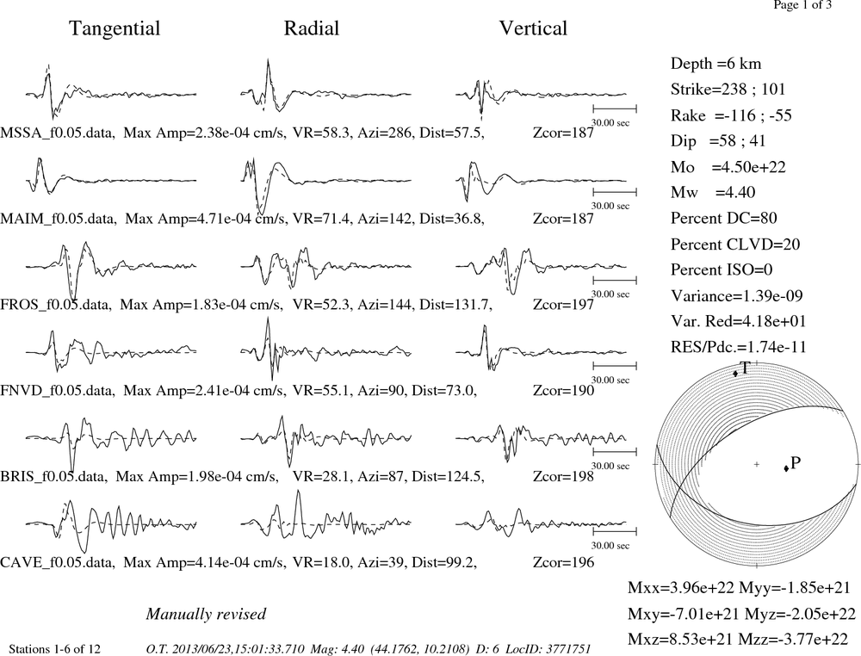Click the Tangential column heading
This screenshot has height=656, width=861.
[x=115, y=29]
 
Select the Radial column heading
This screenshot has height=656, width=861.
[x=312, y=28]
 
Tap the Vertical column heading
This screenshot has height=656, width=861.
[x=533, y=28]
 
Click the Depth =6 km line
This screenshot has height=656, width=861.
[x=716, y=64]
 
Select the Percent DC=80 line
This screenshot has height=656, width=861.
[x=724, y=218]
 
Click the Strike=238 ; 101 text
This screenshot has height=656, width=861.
[x=728, y=90]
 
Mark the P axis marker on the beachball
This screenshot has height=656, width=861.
[x=786, y=467]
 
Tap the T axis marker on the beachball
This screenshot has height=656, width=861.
[x=736, y=374]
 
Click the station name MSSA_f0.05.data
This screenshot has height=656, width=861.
[x=58, y=133]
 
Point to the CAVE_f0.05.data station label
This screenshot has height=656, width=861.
[x=58, y=562]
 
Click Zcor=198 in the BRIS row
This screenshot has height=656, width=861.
[x=563, y=476]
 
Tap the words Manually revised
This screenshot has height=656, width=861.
[x=206, y=614]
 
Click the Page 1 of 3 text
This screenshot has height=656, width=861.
[x=802, y=5]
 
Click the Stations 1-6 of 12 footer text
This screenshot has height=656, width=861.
[x=55, y=649]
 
